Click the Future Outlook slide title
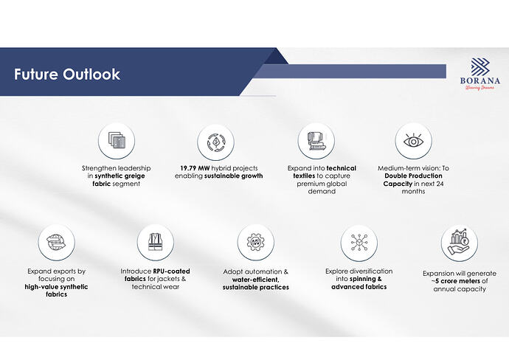coord(67,75)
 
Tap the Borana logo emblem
coord(480,67)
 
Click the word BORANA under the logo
coord(480,80)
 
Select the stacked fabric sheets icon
coord(117,141)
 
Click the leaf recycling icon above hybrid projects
coord(215,142)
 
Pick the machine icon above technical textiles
coord(316,141)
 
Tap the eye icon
coord(413,141)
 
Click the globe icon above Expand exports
coord(57,242)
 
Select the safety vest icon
coord(156,242)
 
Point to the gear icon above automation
coord(255,242)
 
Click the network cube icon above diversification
coord(359,243)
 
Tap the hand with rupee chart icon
coord(459,242)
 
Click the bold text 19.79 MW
coord(195,168)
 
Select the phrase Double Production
coord(413,176)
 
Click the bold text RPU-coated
coord(171,271)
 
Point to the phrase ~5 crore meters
coord(456,281)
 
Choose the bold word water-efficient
coord(255,280)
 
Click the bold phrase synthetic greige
coord(120,176)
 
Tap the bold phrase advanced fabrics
coord(359,287)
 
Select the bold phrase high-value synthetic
coord(56,287)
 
